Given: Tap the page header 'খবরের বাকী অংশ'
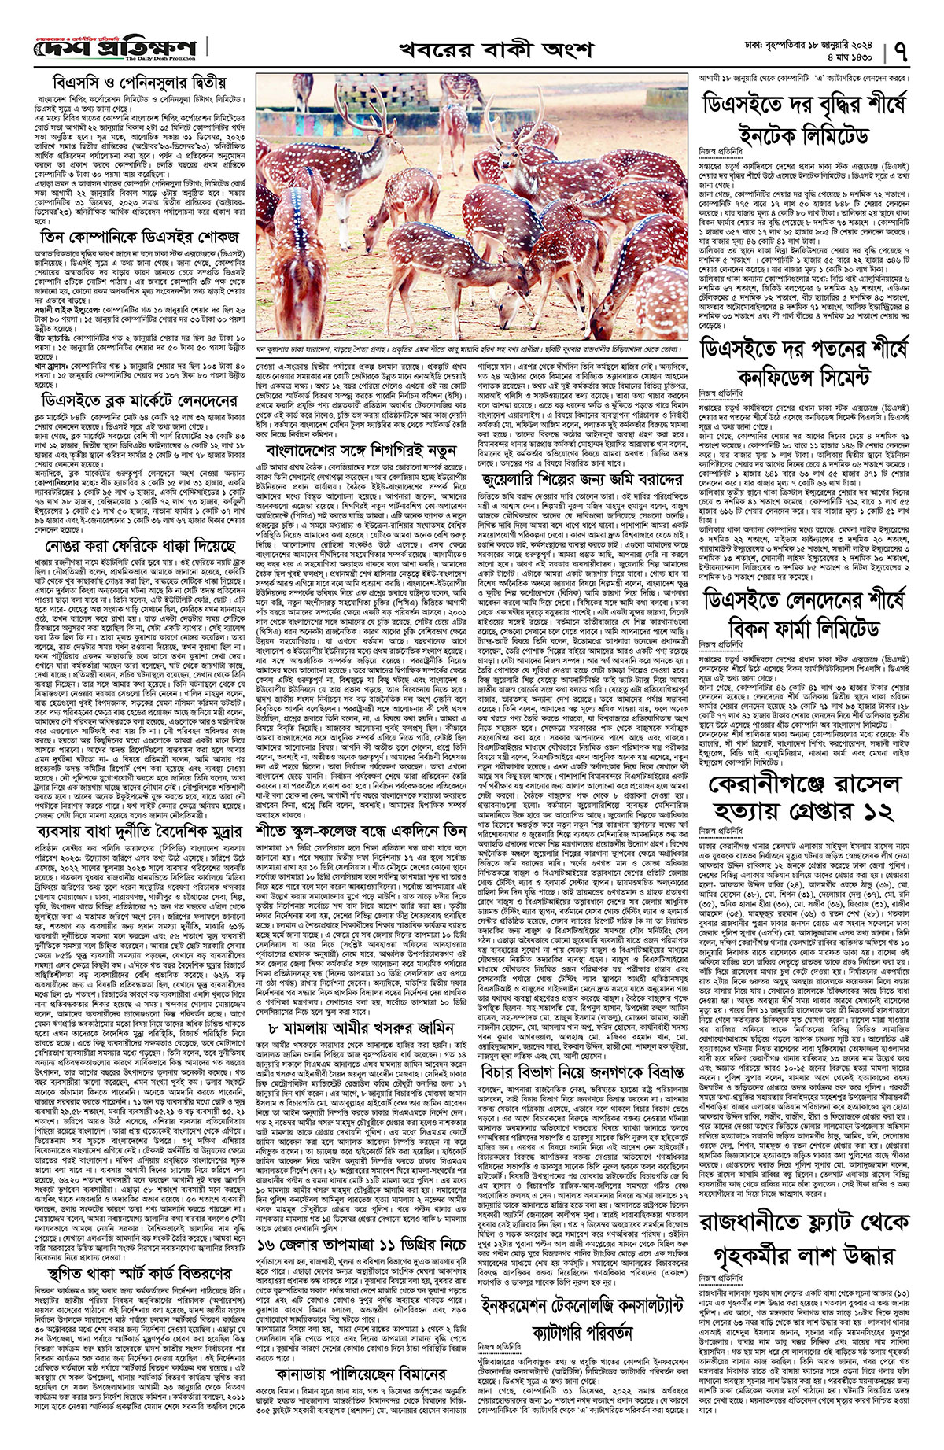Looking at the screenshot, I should pyautogui.click(x=473, y=51).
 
